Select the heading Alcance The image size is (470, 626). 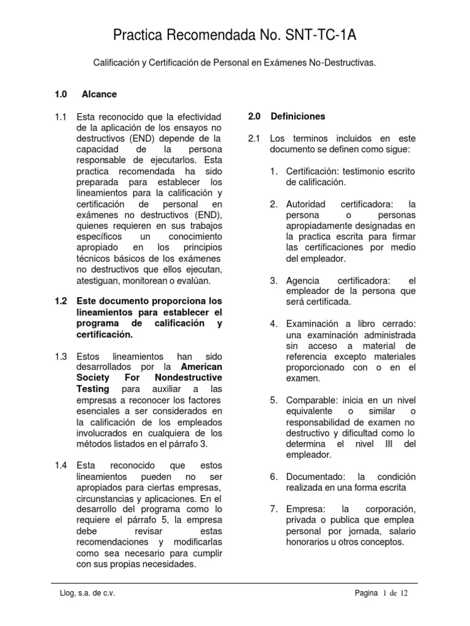pyautogui.click(x=99, y=95)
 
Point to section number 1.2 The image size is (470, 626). pyautogui.click(x=60, y=301)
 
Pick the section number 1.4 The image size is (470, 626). pyautogui.click(x=60, y=465)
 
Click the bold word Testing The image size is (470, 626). pyautogui.click(x=92, y=389)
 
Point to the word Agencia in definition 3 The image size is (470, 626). pyautogui.click(x=303, y=280)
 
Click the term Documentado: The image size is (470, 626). pyautogui.click(x=316, y=476)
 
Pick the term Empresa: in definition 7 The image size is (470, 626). pyautogui.click(x=307, y=509)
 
